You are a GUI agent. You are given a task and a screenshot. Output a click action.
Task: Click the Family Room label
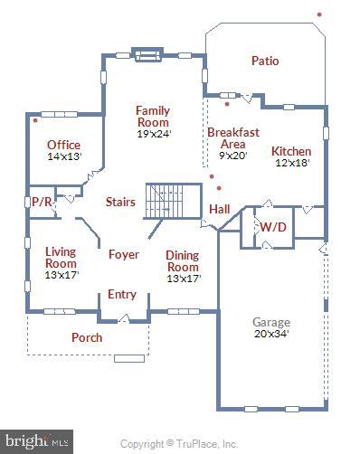pyautogui.click(x=153, y=116)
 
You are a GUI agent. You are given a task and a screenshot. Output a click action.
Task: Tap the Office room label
pyautogui.click(x=64, y=145)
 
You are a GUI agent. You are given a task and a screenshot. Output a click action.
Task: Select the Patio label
pyautogui.click(x=265, y=61)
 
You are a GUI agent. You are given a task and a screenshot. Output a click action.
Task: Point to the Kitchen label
pyautogui.click(x=291, y=151)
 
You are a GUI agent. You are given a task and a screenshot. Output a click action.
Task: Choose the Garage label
pyautogui.click(x=271, y=322)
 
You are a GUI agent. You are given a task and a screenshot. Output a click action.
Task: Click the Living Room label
pyautogui.click(x=62, y=257)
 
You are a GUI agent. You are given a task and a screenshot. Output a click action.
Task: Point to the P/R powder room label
pyautogui.click(x=42, y=203)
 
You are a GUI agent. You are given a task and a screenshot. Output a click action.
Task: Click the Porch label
pyautogui.click(x=87, y=337)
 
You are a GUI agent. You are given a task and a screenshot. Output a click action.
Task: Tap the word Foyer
pyautogui.click(x=124, y=255)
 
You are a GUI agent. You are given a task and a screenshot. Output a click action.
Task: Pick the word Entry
pyautogui.click(x=122, y=294)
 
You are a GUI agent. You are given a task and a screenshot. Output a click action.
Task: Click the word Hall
pyautogui.click(x=220, y=209)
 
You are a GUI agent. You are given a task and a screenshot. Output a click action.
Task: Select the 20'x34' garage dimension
pyautogui.click(x=271, y=333)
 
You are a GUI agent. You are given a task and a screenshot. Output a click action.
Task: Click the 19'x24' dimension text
pyautogui.click(x=154, y=133)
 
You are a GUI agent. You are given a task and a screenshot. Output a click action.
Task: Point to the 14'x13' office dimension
pyautogui.click(x=64, y=156)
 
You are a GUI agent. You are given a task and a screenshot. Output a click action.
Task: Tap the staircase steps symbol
pyautogui.click(x=173, y=201)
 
